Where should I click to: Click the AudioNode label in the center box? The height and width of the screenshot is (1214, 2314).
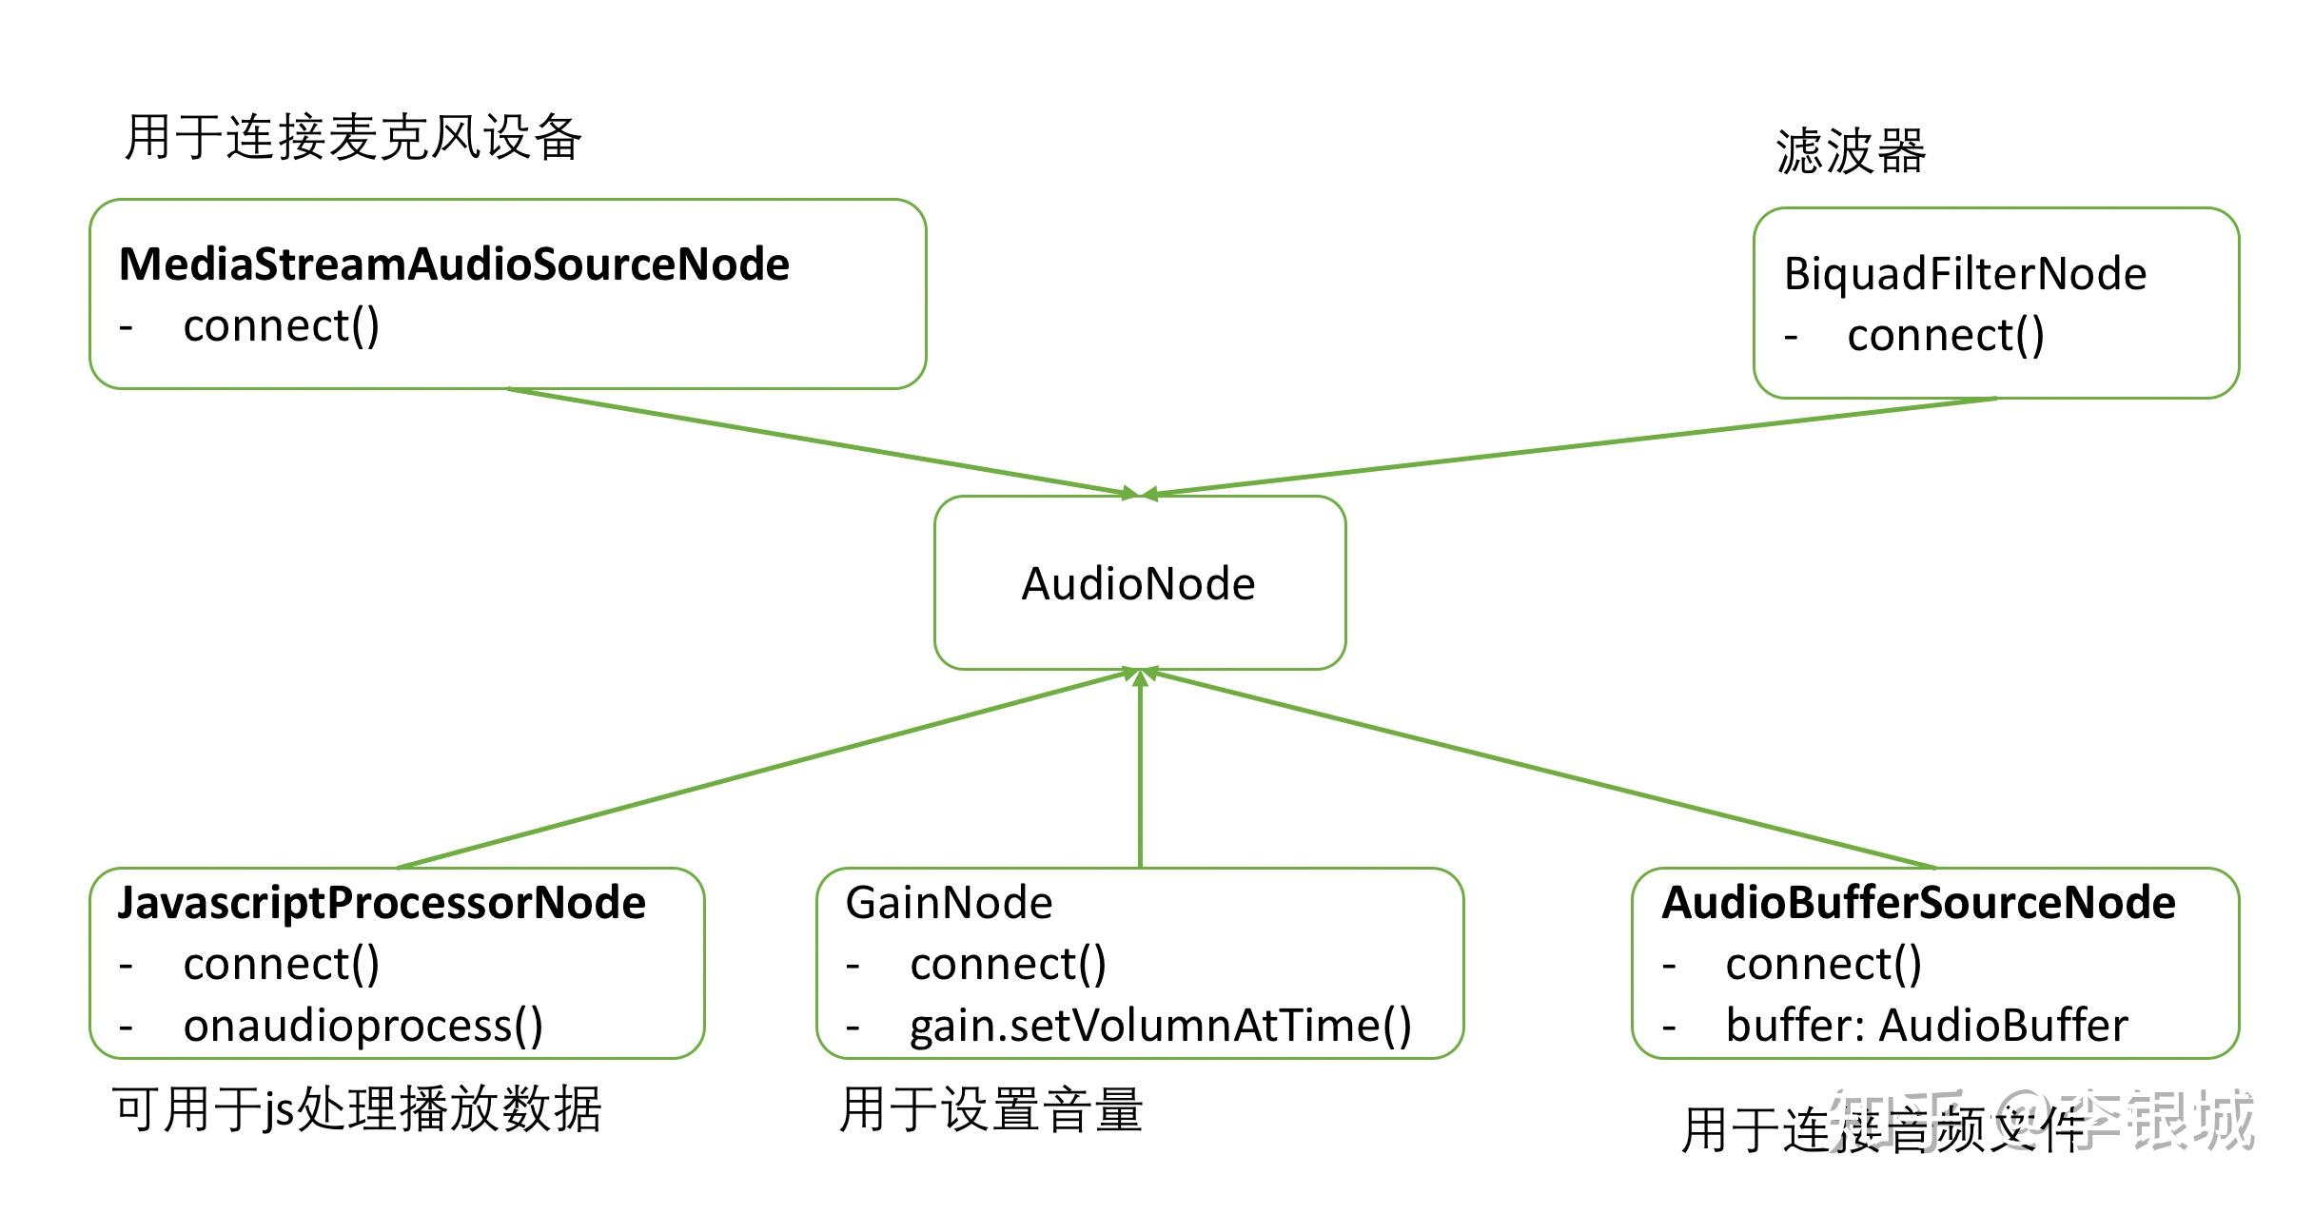pos(1138,583)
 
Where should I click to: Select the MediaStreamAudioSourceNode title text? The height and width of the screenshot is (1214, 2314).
pos(454,264)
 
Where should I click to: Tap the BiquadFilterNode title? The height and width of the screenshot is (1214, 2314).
pos(1965,274)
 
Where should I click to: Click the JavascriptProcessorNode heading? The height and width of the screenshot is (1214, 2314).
pos(382,903)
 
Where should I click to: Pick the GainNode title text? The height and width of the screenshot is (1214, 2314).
pos(949,903)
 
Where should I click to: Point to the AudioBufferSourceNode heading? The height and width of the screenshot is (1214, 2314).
pos(1918,903)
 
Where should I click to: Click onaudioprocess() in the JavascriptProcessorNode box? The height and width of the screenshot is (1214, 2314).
pos(363,1026)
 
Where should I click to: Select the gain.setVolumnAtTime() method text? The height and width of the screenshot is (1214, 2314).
pos(1160,1026)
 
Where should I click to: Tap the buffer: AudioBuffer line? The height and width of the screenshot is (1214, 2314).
pos(1926,1026)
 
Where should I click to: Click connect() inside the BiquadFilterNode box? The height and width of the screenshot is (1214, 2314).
pos(1945,336)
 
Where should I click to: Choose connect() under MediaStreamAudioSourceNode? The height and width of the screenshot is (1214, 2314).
pos(281,326)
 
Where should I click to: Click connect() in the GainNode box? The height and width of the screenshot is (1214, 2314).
pos(1008,965)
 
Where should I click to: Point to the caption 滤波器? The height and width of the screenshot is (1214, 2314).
pos(1851,151)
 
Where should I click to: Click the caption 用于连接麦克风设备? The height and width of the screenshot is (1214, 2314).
pos(353,137)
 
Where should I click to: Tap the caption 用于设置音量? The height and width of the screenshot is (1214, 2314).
pos(990,1109)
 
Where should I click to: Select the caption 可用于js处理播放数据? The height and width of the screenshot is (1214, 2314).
pos(357,1109)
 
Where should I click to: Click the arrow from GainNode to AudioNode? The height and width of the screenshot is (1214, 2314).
pos(1140,771)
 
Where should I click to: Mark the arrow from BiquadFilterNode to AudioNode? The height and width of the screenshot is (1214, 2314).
pos(1570,445)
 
